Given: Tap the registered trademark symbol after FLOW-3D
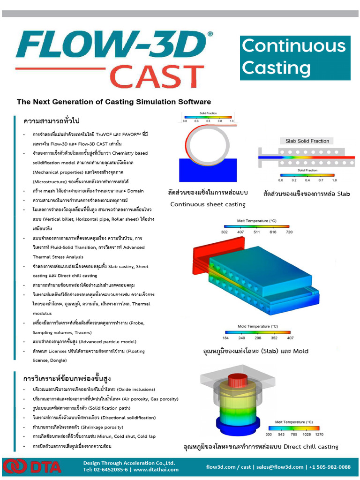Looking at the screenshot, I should (210, 34).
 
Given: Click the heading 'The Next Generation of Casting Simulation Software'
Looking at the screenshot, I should (114, 102).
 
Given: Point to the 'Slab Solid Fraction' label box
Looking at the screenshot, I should (307, 141).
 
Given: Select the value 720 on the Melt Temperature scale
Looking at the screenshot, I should (289, 232).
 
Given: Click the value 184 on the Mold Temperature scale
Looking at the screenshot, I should (226, 337).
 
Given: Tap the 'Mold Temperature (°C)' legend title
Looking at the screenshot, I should (258, 326).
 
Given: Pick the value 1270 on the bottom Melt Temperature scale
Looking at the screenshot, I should (314, 435).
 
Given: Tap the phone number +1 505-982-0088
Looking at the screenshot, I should (331, 467).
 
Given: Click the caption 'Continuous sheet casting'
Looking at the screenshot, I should (208, 204).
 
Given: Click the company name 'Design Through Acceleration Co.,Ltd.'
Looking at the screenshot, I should (129, 463).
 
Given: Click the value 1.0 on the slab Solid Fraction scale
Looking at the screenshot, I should (334, 180).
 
